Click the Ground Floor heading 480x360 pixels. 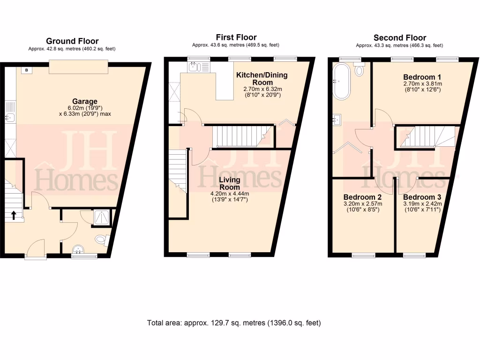pos(72,41)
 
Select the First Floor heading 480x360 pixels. pos(236,37)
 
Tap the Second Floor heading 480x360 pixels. pos(399,38)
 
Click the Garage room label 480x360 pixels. pos(84,101)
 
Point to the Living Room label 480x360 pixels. pos(229,183)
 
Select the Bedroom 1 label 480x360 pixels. pos(422,76)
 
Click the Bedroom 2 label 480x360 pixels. pos(362,197)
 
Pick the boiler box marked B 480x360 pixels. pos(26,70)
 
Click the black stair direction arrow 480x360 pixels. pos(14,215)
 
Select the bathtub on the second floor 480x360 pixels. pos(341,82)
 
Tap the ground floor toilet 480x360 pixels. pos(101,240)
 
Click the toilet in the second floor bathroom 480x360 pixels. pos(360,70)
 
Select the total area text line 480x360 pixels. pos(234,323)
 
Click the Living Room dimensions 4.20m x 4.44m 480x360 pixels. pos(229,193)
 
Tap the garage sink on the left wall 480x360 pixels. pos(10,117)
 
